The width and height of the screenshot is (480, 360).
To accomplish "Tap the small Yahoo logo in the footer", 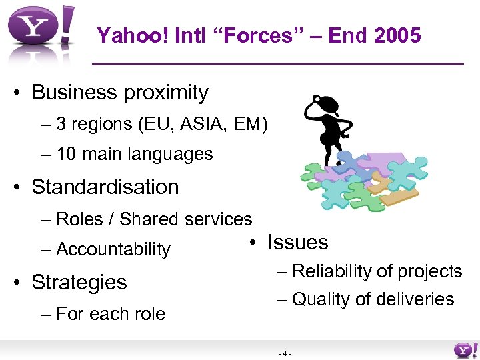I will point(465,350).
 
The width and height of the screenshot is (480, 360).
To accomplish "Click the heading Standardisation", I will point(105,187).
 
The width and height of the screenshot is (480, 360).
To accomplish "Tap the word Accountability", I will point(113,249).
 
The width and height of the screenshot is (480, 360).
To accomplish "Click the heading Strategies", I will point(79,282).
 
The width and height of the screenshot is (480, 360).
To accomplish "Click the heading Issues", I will point(298,242).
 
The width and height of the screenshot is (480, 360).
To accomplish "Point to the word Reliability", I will point(331,271).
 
